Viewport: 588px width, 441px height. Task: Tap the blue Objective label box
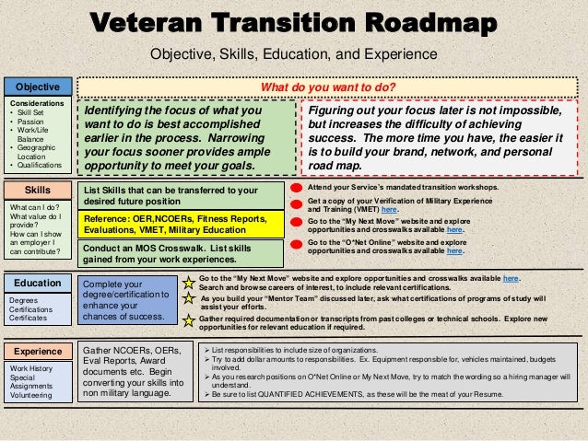click(37, 87)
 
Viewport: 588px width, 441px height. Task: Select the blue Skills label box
click(37, 191)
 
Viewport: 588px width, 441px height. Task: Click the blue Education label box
click(37, 283)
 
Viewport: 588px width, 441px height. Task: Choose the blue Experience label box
click(37, 352)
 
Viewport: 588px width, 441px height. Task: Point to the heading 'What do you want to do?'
click(328, 87)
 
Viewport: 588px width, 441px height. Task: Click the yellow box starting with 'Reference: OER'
click(181, 224)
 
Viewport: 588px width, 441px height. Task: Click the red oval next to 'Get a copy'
click(297, 204)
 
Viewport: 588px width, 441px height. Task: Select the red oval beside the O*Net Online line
click(297, 244)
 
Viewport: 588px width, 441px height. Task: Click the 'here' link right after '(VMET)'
click(376, 210)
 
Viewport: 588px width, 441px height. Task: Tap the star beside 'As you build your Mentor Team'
click(189, 299)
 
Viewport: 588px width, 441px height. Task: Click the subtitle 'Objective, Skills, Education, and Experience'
click(292, 54)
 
